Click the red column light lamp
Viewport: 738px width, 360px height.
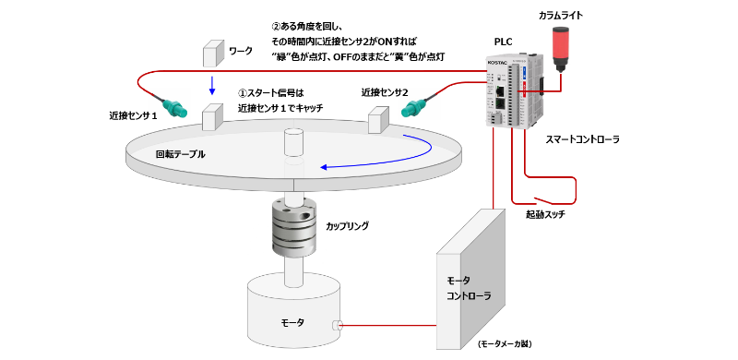pyautogui.click(x=560, y=49)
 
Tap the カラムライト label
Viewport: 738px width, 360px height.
pyautogui.click(x=561, y=16)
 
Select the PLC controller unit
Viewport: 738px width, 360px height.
pyautogui.click(x=515, y=91)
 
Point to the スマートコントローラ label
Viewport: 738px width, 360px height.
pyautogui.click(x=583, y=139)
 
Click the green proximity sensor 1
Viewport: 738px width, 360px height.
pyautogui.click(x=174, y=107)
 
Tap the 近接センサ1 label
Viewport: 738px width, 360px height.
pyautogui.click(x=132, y=115)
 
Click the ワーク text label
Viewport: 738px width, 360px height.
pyautogui.click(x=241, y=51)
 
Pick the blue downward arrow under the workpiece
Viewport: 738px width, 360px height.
pyautogui.click(x=212, y=85)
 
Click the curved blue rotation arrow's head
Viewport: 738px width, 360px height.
pyautogui.click(x=325, y=167)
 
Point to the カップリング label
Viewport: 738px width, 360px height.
pyautogui.click(x=348, y=226)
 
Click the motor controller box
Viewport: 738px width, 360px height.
pyautogui.click(x=470, y=279)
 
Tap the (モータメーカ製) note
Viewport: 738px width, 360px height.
pyautogui.click(x=504, y=344)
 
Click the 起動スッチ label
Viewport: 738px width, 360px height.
pyautogui.click(x=545, y=215)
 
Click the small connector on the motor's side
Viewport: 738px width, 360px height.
pyautogui.click(x=338, y=325)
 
